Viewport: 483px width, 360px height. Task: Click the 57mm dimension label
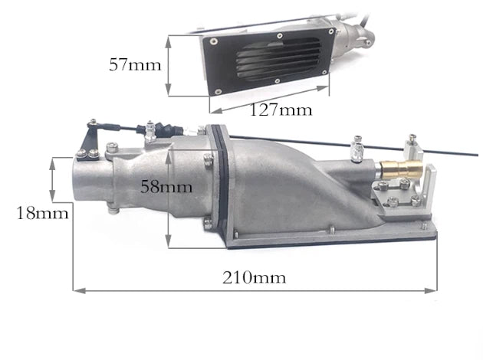click(x=135, y=64)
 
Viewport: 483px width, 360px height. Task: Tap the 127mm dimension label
click(x=281, y=109)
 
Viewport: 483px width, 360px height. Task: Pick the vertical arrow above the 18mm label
click(x=53, y=178)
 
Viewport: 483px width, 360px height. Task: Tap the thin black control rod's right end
click(x=476, y=167)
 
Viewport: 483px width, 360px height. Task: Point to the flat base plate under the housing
click(x=337, y=237)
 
